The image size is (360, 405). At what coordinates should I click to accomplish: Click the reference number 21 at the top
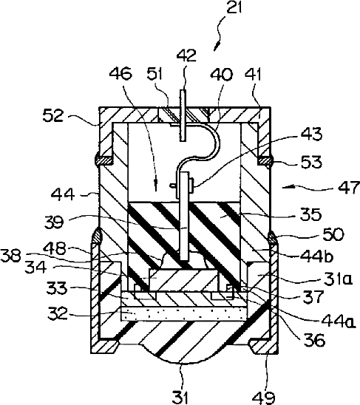234,7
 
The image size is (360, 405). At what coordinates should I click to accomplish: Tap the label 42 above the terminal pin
186,55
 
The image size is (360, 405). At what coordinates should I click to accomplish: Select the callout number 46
120,73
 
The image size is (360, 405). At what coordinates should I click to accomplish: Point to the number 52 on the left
53,115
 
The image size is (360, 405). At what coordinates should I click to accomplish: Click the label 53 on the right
311,162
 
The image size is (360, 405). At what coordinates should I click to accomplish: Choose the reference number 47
349,188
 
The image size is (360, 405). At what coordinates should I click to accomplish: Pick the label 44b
316,256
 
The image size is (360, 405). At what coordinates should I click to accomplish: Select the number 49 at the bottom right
263,398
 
